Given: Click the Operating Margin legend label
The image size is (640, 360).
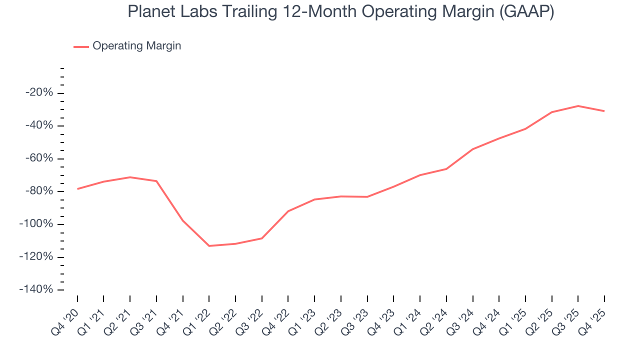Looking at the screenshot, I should point(136,46).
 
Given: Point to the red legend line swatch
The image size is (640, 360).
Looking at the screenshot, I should point(81,46).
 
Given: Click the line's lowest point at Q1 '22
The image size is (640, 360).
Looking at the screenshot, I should point(209,246).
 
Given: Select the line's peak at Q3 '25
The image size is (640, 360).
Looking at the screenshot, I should point(578,106).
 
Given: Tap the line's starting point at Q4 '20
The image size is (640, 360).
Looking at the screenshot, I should point(77,189).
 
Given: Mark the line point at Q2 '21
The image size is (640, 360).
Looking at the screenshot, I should point(130,177).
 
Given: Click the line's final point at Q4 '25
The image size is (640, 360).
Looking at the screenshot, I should point(604,111).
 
